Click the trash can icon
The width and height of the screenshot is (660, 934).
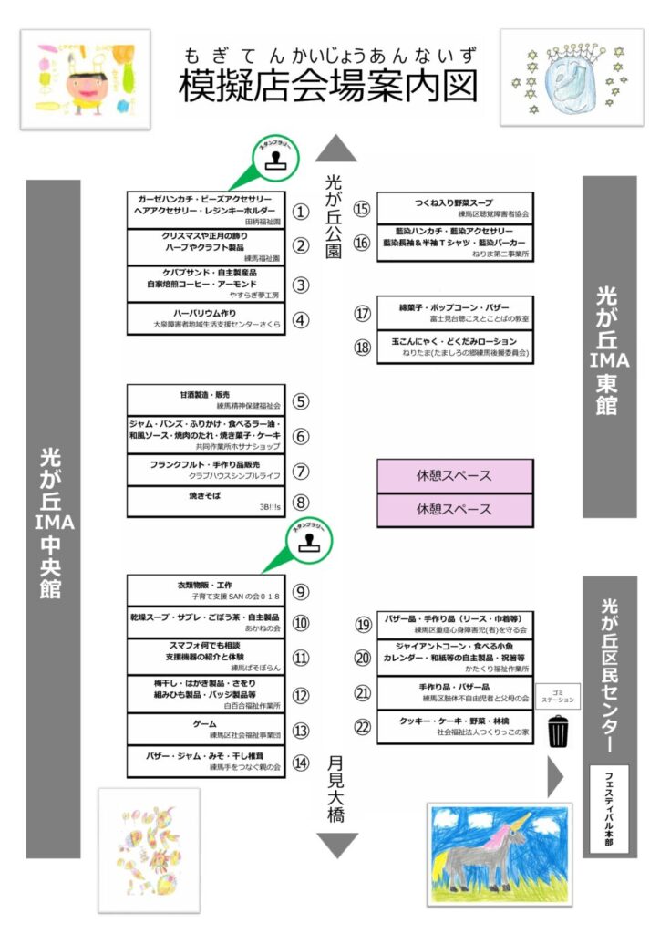[558, 731]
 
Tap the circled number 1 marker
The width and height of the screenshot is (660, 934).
[301, 212]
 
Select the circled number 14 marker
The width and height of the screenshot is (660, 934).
[301, 763]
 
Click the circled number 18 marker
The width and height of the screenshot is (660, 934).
[363, 348]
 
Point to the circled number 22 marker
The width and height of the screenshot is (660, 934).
[363, 726]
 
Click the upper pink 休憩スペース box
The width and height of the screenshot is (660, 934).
[454, 476]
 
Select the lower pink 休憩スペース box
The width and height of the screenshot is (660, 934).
[454, 508]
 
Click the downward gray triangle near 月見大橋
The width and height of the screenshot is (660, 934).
[336, 845]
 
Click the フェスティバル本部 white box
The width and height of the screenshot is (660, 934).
[609, 808]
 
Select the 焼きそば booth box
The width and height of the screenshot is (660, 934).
[204, 501]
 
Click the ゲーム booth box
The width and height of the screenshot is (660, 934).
[204, 729]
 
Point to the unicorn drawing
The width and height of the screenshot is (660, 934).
[500, 854]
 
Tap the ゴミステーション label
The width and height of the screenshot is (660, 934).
[558, 696]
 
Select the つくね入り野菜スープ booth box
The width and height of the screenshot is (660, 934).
[454, 207]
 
